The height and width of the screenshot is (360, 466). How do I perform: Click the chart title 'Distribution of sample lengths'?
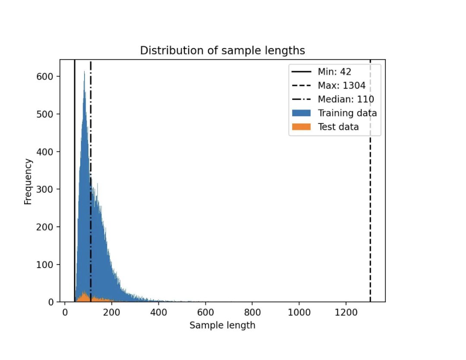[222, 51]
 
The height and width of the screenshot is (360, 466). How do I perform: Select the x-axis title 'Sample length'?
[222, 325]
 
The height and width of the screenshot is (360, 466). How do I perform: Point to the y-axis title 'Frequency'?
[28, 181]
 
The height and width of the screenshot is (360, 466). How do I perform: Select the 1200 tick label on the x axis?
[346, 312]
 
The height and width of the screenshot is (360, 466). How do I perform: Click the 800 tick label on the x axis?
[252, 312]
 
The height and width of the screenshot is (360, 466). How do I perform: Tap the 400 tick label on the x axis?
[159, 312]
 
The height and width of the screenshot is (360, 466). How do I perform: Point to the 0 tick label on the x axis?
[65, 312]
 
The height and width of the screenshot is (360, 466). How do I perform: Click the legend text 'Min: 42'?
[334, 72]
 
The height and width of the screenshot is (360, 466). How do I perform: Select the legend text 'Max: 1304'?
[341, 85]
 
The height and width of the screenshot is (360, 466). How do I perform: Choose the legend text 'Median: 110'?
[346, 99]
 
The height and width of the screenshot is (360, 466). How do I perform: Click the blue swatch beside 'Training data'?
[301, 113]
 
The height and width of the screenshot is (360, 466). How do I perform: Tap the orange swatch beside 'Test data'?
[301, 127]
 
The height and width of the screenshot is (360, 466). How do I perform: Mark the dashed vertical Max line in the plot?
[370, 194]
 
